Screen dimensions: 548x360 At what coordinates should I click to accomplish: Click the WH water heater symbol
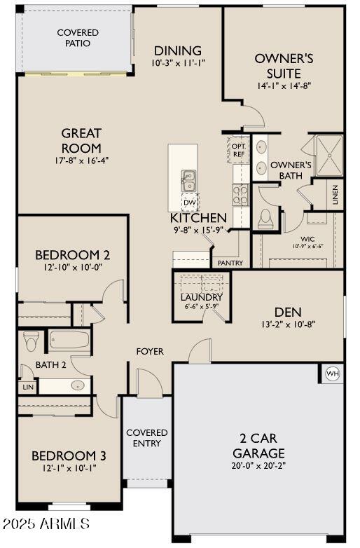click(332, 374)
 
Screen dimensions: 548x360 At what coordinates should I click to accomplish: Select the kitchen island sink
click(189, 180)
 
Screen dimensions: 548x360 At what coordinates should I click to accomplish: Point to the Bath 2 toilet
click(31, 341)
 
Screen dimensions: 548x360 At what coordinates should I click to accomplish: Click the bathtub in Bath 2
click(69, 341)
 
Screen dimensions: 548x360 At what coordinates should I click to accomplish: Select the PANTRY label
click(230, 263)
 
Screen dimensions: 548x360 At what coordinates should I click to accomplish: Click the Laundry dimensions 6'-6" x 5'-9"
click(201, 306)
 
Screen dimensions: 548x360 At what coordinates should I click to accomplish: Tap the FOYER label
click(150, 351)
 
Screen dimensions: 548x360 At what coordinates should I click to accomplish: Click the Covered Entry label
click(147, 438)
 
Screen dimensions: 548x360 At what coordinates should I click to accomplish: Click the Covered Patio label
click(78, 38)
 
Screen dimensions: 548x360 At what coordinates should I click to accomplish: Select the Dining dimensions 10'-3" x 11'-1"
click(178, 63)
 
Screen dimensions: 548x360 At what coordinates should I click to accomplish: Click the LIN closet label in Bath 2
click(28, 387)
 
